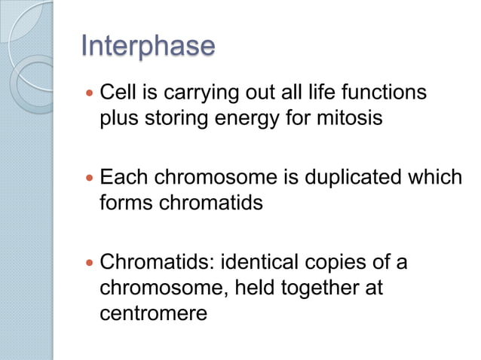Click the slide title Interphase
148,46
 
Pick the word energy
243,121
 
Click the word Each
120,178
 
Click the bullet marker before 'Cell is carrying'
90,94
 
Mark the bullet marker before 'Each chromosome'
90,178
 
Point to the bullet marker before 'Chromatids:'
90,264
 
